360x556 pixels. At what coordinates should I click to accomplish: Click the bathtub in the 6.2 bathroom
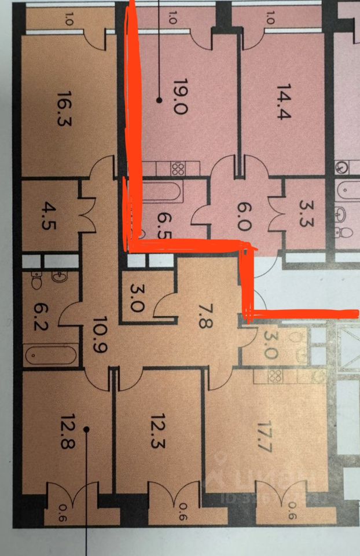point(51,355)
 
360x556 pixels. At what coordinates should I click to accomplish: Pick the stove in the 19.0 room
point(178,169)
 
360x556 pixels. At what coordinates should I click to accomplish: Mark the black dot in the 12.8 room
point(86,429)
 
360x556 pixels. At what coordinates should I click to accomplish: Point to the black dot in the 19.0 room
point(159,100)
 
